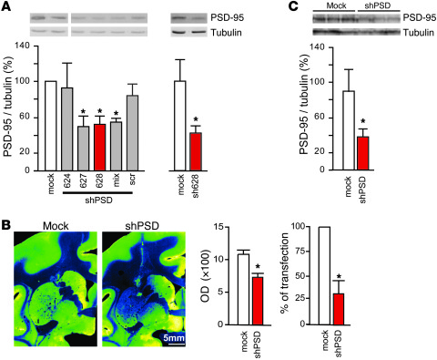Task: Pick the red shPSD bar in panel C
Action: click(x=363, y=151)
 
